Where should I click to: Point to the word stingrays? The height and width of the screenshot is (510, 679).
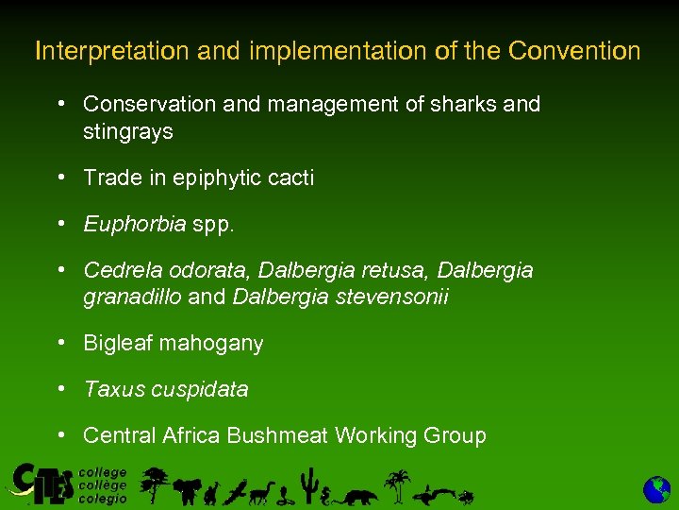128,131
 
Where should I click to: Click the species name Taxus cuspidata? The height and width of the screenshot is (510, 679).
166,389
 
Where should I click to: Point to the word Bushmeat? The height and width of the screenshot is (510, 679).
286,435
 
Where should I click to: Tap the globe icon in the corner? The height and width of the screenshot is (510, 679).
656,489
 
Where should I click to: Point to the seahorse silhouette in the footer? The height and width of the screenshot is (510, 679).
326,490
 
